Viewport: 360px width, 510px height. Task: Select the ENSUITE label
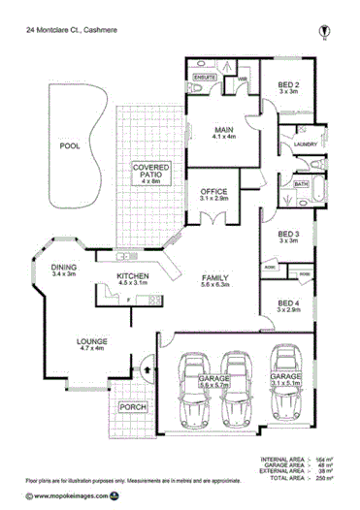(x=204, y=76)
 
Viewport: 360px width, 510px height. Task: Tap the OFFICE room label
(x=213, y=192)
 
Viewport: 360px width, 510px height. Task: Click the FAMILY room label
(x=213, y=276)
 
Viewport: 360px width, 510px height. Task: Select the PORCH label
(x=131, y=407)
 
